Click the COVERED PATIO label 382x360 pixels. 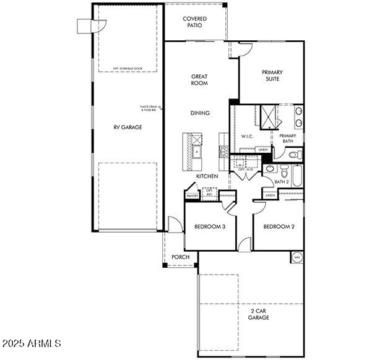[194, 22]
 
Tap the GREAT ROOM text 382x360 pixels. [199, 80]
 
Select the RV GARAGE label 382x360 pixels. [128, 127]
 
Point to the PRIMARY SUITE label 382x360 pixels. [271, 75]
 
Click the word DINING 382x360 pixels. [200, 113]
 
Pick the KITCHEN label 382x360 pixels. [207, 177]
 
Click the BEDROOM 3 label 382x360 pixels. [210, 226]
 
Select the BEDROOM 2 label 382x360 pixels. [279, 226]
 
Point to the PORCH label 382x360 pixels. [180, 257]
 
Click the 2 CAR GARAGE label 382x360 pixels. [259, 314]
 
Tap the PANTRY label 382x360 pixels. [192, 196]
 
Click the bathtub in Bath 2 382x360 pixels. [297, 176]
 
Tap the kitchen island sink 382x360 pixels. [198, 151]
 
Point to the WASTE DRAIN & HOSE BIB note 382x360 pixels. [149, 108]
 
